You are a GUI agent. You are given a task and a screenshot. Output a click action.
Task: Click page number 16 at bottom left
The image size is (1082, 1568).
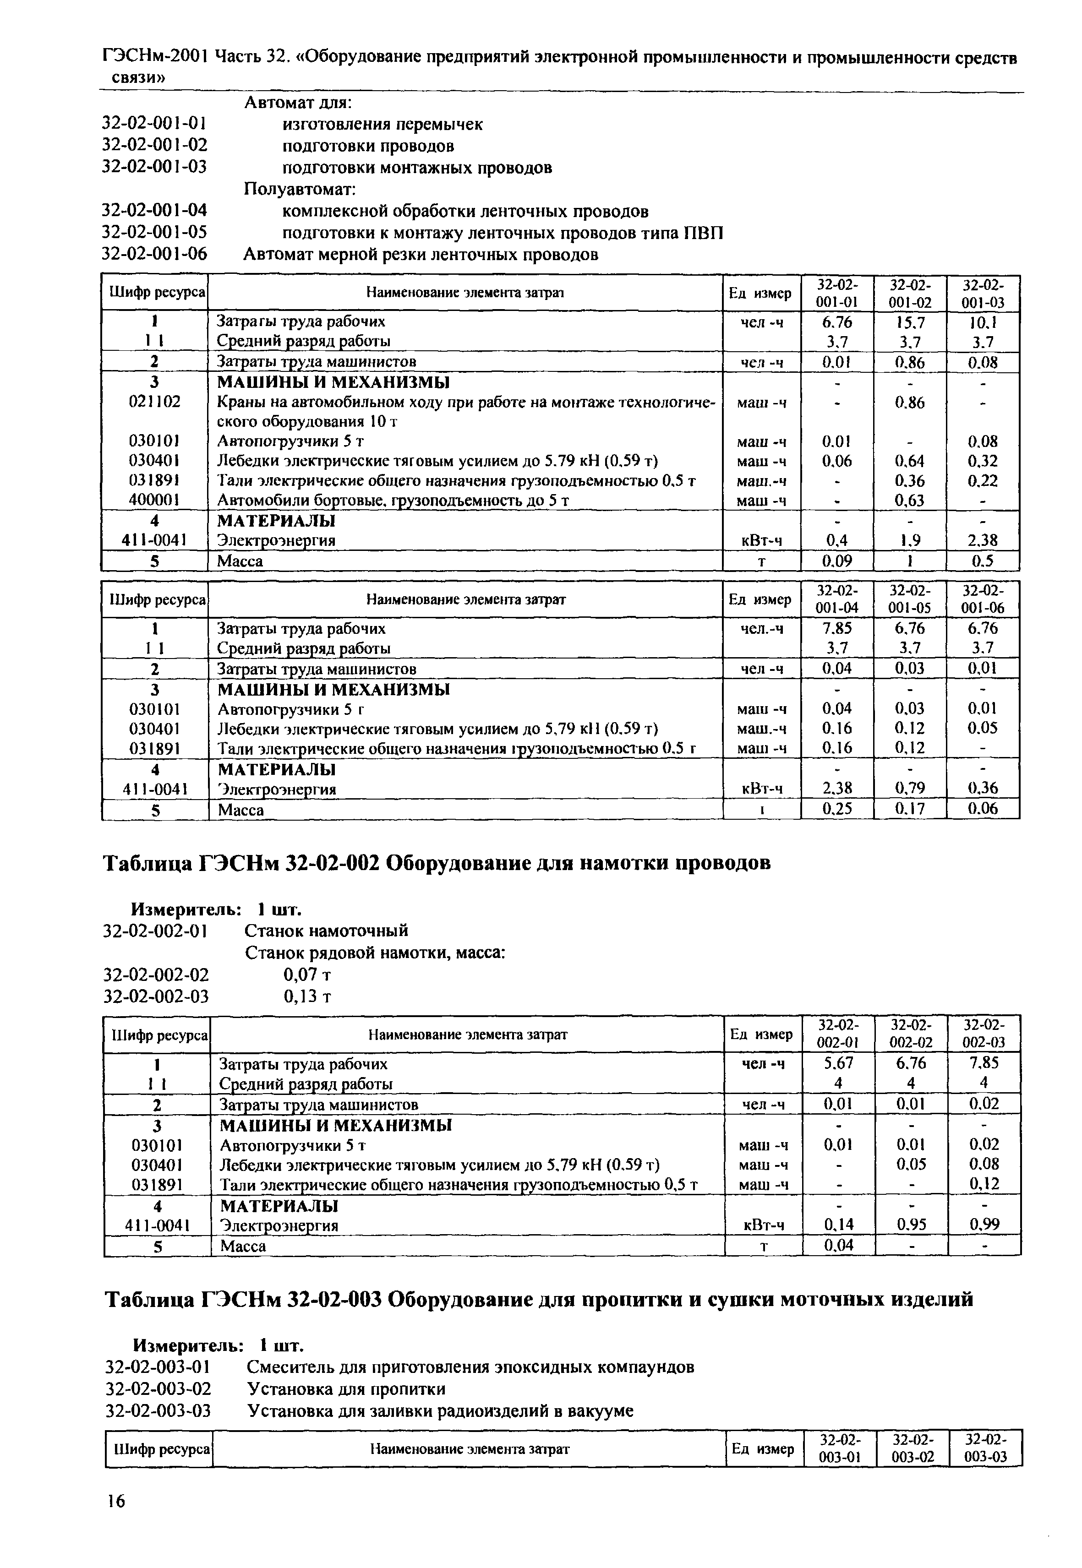coord(115,1502)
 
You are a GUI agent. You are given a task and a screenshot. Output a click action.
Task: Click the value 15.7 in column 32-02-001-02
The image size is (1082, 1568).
coord(910,321)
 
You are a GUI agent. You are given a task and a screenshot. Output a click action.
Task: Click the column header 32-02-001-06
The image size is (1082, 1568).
coord(983,599)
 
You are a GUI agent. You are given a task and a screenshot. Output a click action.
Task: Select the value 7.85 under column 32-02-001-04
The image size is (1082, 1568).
coord(836,628)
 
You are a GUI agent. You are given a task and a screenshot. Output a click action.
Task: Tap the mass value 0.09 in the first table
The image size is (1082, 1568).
coord(836,561)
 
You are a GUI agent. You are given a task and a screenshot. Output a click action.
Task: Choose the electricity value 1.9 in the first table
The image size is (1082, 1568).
coord(910,540)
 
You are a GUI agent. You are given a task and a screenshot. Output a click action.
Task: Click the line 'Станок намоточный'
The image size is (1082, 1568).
coord(326,931)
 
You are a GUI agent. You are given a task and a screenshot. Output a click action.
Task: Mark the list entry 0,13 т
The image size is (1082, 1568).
coord(306,996)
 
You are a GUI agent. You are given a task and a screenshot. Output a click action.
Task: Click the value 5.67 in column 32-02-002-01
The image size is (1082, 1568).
coord(838,1063)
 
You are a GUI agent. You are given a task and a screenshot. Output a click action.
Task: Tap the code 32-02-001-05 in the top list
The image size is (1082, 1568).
coord(154,233)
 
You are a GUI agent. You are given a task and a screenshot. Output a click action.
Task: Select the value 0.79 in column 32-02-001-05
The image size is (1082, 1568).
coord(910,789)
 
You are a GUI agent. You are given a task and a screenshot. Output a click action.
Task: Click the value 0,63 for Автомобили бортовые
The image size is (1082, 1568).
coord(910,500)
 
